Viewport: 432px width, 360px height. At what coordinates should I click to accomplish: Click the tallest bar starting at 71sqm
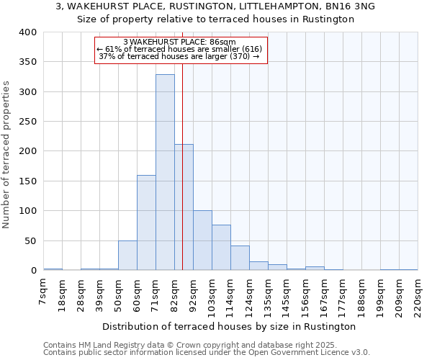coord(165,173)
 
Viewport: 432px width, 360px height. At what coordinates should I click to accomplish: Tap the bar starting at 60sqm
coord(146,222)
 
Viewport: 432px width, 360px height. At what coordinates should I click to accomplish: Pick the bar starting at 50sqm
coord(127,256)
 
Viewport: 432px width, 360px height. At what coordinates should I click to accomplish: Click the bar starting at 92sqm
coord(202,240)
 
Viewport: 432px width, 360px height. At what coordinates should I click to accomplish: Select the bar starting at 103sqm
coord(221,248)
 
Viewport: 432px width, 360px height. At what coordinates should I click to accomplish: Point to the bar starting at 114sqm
coord(240,258)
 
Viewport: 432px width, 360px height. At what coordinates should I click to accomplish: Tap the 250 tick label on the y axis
coord(28,122)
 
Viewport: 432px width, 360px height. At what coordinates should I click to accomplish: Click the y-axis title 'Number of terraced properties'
coord(7,155)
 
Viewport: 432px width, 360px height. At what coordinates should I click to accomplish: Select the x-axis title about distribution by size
coord(230,326)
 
